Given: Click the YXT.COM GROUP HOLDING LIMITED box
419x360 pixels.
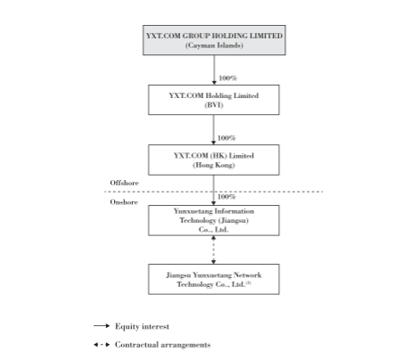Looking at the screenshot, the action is click(x=214, y=40).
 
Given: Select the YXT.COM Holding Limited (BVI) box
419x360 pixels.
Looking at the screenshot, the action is click(x=214, y=100).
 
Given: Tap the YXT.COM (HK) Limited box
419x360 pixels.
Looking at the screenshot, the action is click(x=214, y=160).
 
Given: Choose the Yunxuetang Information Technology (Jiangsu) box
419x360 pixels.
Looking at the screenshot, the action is click(x=214, y=220).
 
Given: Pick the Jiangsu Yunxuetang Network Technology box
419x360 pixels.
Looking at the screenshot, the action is click(x=214, y=279).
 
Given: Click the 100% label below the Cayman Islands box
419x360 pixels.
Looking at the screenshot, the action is click(x=228, y=78).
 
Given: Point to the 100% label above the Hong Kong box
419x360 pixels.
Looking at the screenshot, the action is click(x=226, y=138).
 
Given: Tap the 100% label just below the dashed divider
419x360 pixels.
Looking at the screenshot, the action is click(x=226, y=197).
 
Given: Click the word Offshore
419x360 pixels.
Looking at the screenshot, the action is click(x=124, y=183).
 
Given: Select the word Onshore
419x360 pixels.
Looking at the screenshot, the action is click(x=124, y=202).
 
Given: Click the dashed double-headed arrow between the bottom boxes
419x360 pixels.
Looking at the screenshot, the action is click(x=213, y=250).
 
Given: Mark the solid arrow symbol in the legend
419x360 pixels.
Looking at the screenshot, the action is click(x=102, y=326).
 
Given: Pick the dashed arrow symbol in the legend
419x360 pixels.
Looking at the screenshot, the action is click(x=102, y=345).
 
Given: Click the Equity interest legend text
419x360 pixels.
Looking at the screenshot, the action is click(x=142, y=326).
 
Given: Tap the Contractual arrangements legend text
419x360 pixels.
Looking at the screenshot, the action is click(x=163, y=345).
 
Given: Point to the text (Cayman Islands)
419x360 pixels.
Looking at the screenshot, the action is click(x=214, y=45).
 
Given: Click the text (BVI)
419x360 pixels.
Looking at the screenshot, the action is click(x=214, y=105).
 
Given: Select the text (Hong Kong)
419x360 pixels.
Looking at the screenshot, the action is click(x=214, y=165).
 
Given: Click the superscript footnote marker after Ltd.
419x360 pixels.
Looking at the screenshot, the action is click(x=249, y=282).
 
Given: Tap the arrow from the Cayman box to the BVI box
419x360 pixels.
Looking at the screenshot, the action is click(x=214, y=70).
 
